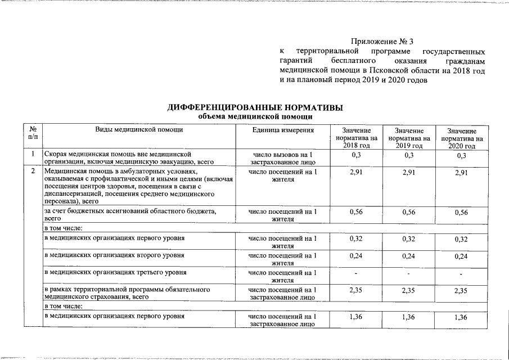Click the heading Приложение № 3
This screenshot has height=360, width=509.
point(382,42)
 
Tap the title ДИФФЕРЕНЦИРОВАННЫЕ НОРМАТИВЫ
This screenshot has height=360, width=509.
point(255,107)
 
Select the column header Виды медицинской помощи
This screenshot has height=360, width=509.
point(139,130)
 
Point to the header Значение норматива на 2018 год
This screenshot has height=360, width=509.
point(355,138)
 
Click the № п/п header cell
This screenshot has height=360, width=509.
point(33,134)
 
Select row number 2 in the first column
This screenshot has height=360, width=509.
point(33,172)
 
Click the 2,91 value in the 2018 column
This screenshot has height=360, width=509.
point(355,173)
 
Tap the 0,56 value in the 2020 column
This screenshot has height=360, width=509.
point(461,213)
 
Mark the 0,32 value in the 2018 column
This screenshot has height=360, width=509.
point(355,239)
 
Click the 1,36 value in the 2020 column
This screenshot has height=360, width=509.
point(461,318)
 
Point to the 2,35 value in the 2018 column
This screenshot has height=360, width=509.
point(355,291)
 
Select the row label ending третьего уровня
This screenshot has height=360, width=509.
point(115,273)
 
